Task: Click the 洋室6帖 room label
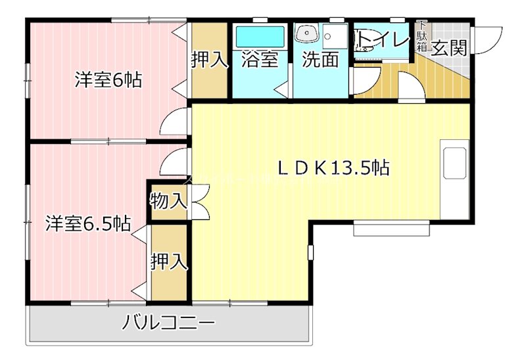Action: point(108,80)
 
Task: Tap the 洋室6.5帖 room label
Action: point(87,223)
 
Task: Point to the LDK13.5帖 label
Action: point(333,168)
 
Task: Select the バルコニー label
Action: point(169,323)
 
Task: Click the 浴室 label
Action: point(260,59)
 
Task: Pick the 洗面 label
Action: point(320,59)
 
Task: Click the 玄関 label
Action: point(449,47)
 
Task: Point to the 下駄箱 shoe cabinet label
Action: point(421,37)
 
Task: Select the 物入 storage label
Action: point(168,200)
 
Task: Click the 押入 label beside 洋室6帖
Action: point(209,60)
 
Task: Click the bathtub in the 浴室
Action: point(259,35)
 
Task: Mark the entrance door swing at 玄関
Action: point(488,39)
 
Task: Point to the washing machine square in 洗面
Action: point(335,35)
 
